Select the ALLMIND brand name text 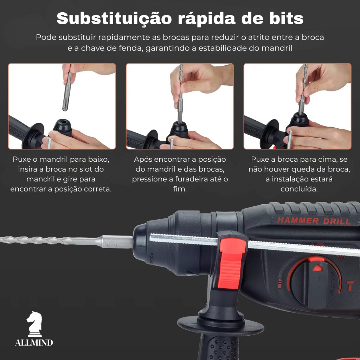tap(34, 342)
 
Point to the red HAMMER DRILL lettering tap(314, 221)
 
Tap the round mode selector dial tap(315, 282)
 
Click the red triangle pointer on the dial tap(318, 268)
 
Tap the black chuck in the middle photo tap(179, 130)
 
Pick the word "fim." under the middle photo tap(180, 189)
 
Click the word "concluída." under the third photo tap(299, 189)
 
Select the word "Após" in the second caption tap(142, 159)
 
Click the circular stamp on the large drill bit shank tap(112, 245)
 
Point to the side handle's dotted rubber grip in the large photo tap(220, 347)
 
